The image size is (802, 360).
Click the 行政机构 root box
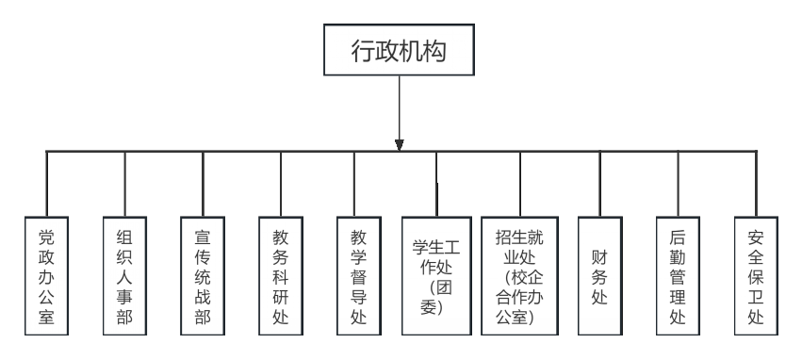coord(399,51)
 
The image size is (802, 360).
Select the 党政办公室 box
coord(46,275)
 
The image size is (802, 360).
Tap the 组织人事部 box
coord(124,275)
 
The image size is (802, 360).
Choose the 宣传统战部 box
coord(203,275)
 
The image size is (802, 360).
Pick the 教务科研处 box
coord(280,275)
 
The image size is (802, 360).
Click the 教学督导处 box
coord(358,275)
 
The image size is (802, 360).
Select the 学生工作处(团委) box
coord(436,275)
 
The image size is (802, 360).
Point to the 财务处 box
coord(599,275)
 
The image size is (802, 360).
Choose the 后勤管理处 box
coord(677,275)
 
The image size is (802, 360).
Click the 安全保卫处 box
coord(755,275)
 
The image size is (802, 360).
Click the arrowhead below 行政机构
coord(399,145)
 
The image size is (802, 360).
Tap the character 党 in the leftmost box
coord(46,236)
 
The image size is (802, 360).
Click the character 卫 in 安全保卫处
coord(755,296)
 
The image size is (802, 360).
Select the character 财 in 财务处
coord(599,255)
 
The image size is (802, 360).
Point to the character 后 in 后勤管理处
coord(677,236)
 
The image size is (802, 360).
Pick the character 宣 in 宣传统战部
coord(203,236)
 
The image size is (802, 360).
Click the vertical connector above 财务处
coord(599,184)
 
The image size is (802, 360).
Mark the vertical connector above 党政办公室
coord(46,184)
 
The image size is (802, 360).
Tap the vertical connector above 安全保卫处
coord(755,184)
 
